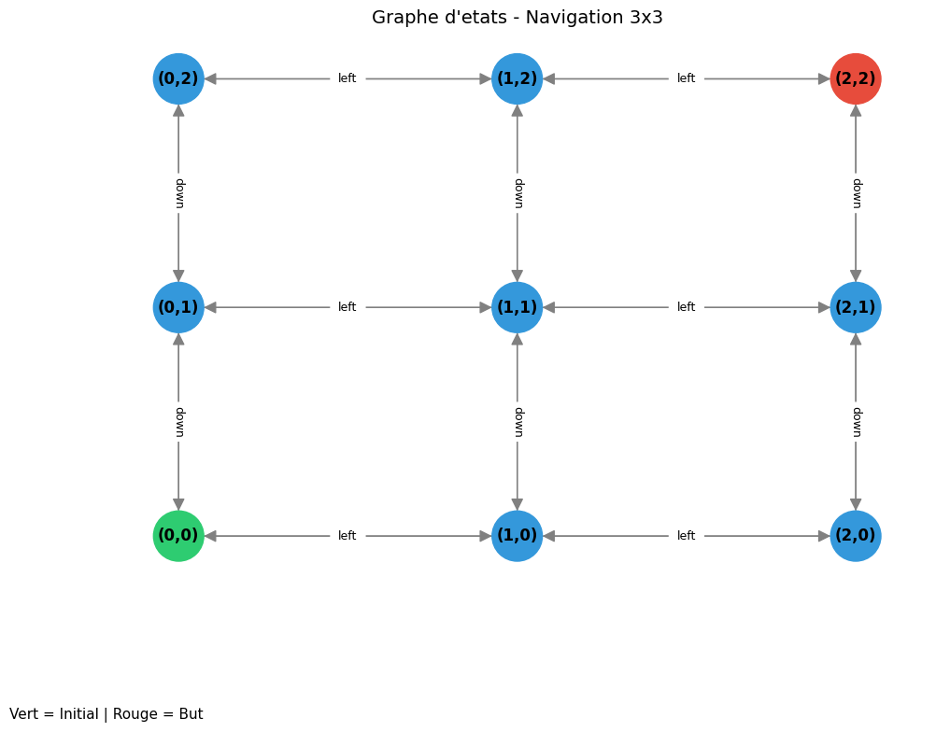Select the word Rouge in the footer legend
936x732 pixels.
135,714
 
